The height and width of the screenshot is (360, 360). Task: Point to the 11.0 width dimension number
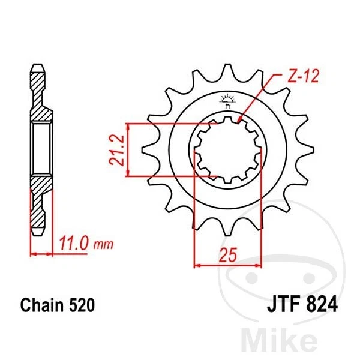pyautogui.click(x=73, y=244)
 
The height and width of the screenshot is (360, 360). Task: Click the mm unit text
pyautogui.click(x=103, y=245)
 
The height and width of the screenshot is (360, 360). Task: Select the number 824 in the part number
pyautogui.click(x=320, y=305)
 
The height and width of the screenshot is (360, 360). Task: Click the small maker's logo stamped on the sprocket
pyautogui.click(x=227, y=99)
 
